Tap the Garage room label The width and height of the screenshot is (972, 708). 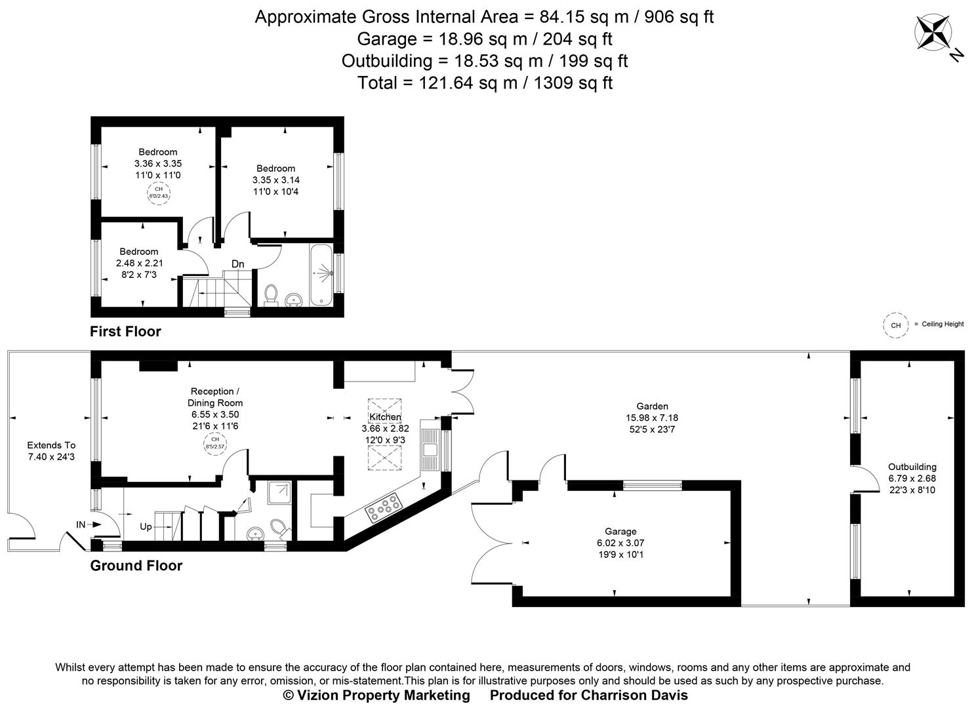point(620,532)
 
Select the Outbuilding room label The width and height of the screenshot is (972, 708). point(912,467)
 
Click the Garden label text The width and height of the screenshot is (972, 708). point(652,406)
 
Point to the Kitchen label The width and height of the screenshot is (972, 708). point(385,417)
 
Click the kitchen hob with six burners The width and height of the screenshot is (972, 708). point(384,507)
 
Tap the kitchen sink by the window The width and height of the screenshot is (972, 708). point(430,449)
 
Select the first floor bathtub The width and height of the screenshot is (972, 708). point(321,274)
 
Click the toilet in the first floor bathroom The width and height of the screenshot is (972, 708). point(270,296)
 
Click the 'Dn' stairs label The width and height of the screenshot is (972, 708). point(237,264)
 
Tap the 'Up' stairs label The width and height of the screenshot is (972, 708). point(146,526)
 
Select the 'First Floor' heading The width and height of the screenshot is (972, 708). point(125,332)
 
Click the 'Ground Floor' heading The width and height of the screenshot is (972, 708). point(136,566)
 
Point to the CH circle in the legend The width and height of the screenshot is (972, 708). point(895,325)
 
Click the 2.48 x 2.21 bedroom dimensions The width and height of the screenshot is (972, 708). point(139,263)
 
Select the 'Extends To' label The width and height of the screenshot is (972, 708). point(51,445)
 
